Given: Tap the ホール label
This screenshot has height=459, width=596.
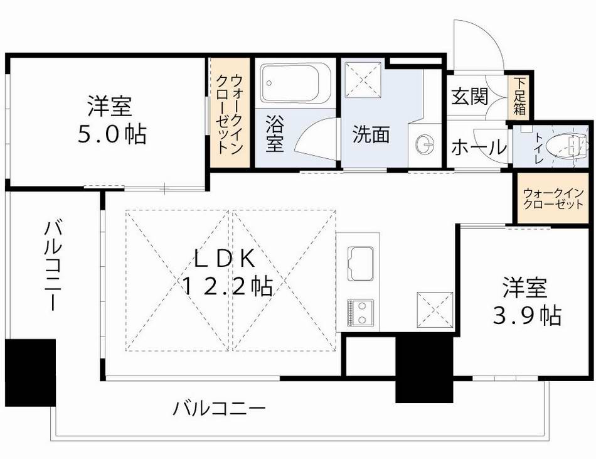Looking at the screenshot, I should point(478,148).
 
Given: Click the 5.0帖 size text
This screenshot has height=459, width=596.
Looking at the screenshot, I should point(112,135).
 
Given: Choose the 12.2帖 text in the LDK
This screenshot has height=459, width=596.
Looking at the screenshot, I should point(227,286).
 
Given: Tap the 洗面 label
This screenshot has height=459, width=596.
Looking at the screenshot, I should point(371,135).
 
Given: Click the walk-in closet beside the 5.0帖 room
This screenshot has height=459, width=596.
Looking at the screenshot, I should point(230,113).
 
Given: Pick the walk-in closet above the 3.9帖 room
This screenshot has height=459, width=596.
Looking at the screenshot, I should point(553,200).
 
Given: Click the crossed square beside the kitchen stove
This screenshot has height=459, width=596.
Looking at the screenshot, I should point(434,310).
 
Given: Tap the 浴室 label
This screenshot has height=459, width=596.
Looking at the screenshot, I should point(274,132).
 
